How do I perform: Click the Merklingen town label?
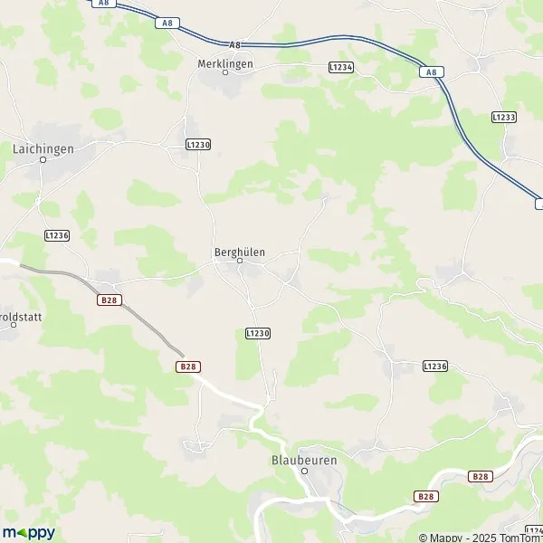tap(225, 63)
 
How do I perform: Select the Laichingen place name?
tap(43, 147)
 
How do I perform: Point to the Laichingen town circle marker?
tap(43, 158)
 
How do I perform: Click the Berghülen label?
tap(240, 252)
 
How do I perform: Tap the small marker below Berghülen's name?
tap(240, 262)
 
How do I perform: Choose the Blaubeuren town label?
tap(304, 460)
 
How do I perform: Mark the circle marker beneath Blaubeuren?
tap(305, 471)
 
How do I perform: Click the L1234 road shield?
tap(340, 67)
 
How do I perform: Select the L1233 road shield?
tap(504, 118)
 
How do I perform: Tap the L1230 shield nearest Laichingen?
tap(197, 145)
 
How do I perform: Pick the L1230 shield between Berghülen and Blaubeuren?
tap(258, 334)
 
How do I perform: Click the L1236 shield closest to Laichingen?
tap(57, 235)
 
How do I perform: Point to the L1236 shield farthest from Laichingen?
tap(435, 366)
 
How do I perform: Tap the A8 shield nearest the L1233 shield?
tap(433, 71)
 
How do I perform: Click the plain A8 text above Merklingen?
tap(234, 44)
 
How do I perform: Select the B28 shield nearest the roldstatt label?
tap(109, 300)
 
